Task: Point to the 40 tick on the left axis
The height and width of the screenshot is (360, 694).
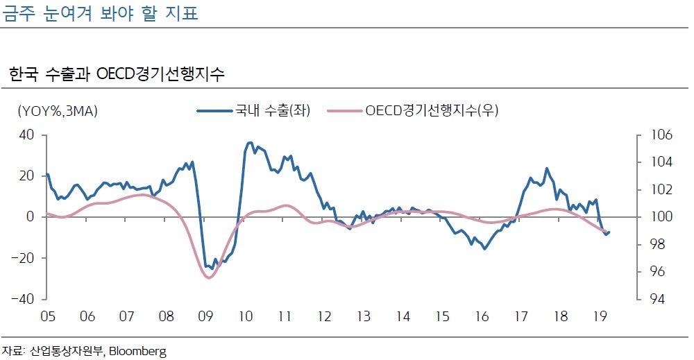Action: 27,135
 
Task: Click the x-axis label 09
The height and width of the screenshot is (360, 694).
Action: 205,316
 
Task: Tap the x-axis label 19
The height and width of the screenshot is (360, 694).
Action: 600,316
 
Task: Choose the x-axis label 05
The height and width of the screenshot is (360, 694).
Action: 47,316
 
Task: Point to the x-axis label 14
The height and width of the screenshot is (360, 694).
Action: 403,316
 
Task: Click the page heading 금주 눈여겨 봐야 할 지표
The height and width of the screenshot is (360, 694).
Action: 101,14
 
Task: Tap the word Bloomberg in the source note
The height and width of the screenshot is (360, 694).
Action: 138,351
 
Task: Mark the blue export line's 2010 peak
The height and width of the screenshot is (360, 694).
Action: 250,143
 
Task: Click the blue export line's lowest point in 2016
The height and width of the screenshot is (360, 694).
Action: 484,248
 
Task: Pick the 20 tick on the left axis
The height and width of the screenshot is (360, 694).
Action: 27,175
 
